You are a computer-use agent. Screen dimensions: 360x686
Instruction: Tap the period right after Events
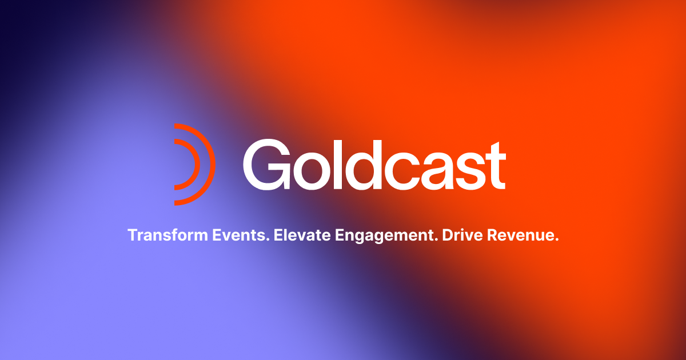click(268, 240)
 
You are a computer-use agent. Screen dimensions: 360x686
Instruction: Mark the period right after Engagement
click(436, 240)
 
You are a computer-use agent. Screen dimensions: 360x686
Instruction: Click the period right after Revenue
click(556, 240)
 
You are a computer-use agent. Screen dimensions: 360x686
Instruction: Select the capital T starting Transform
click(132, 235)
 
